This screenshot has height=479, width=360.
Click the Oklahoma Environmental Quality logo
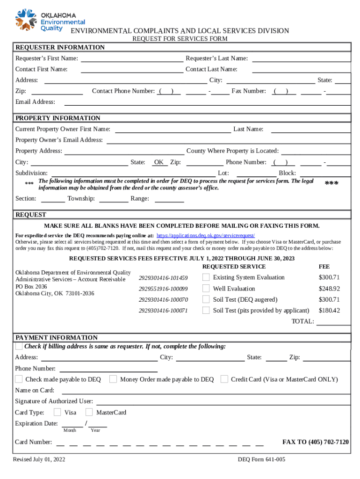tap(50, 19)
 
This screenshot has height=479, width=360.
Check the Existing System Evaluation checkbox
tap(206, 277)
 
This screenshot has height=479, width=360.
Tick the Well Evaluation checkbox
tap(206, 289)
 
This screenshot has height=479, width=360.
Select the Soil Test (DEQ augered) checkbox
tap(206, 299)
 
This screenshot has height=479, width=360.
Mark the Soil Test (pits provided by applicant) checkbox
tap(206, 310)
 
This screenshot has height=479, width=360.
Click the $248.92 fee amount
tap(329, 289)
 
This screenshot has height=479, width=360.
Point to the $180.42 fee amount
tap(329, 310)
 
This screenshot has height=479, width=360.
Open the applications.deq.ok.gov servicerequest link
tap(205, 235)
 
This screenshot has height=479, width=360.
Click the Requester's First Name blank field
tap(132, 58)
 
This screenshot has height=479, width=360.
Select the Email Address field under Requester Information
tap(207, 102)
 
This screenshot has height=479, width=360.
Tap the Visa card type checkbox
tap(57, 412)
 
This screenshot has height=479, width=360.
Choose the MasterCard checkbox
tap(89, 412)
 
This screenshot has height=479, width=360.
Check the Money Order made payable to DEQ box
tap(113, 379)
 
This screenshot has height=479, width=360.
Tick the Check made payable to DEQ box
tap(19, 379)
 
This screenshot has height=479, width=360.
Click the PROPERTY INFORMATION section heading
tap(58, 118)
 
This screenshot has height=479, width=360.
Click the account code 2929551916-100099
tap(163, 289)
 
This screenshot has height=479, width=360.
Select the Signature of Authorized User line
tap(223, 401)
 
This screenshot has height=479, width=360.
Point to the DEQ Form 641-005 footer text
tap(261, 459)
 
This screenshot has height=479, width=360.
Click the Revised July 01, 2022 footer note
tap(39, 459)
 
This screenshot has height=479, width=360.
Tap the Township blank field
tap(114, 199)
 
